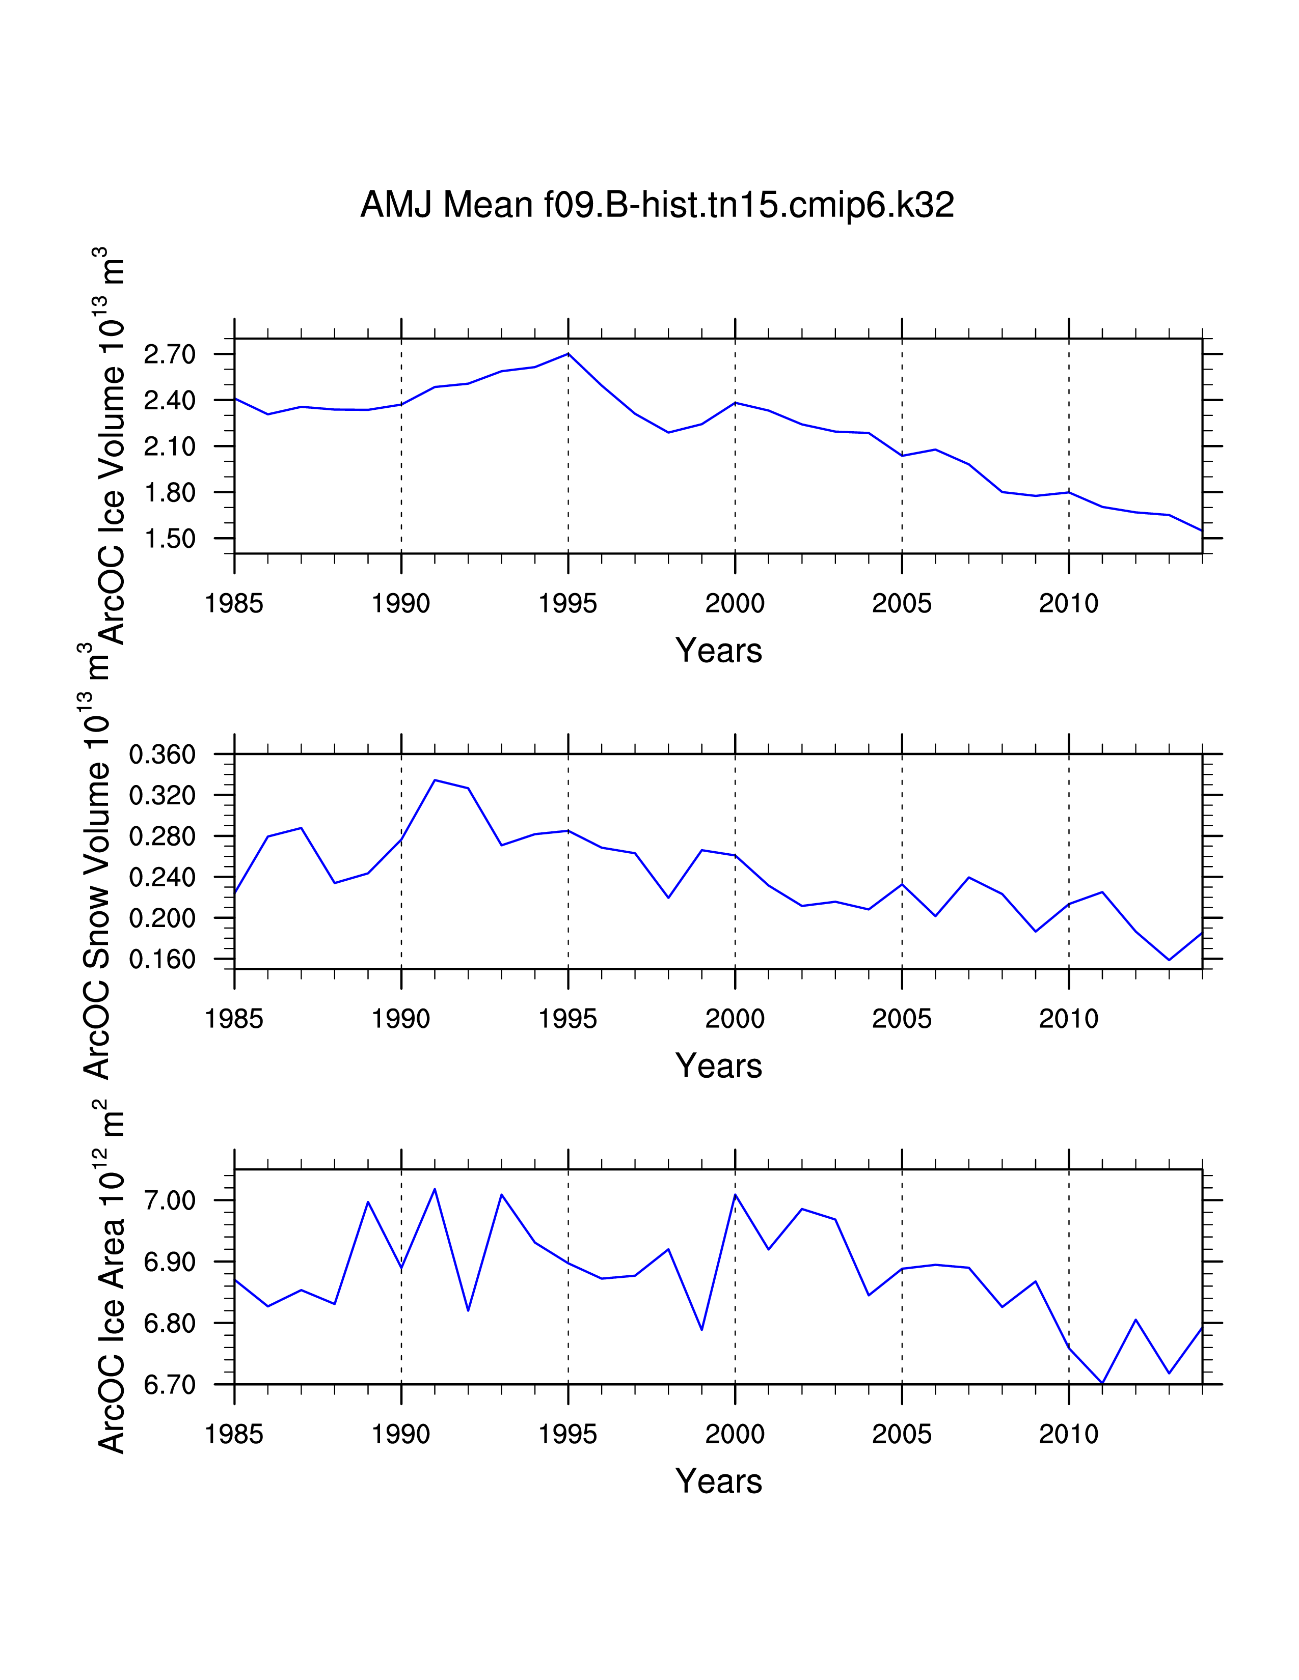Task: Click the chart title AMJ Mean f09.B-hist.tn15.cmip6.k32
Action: coord(657,205)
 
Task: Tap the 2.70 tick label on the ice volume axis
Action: coord(170,355)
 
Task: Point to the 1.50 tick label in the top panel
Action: coord(170,539)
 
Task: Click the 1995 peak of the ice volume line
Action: coord(568,354)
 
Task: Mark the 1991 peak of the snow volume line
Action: coord(435,780)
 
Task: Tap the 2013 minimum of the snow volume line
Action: coord(1169,960)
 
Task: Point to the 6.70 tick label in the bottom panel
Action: coord(170,1385)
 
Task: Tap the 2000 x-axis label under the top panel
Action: coord(735,604)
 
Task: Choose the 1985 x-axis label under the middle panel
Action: coord(234,1019)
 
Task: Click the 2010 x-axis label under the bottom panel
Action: coord(1069,1435)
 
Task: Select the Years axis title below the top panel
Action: coord(719,651)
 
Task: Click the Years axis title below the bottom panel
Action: coord(719,1481)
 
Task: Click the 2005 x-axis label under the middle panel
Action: coord(902,1019)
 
